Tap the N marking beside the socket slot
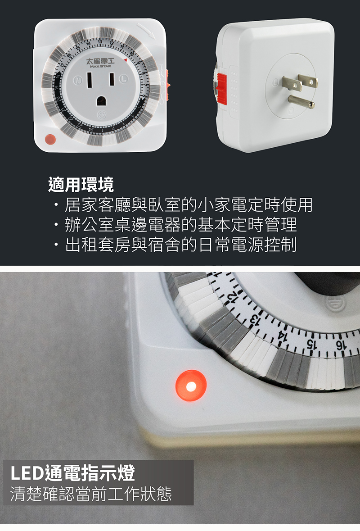tap(78, 81)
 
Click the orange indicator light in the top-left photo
tap(49, 140)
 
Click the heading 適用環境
tap(81, 184)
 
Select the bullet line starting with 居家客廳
tap(182, 205)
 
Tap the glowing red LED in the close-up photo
tap(191, 386)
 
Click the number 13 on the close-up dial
tap(255, 321)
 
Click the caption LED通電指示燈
tap(72, 474)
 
